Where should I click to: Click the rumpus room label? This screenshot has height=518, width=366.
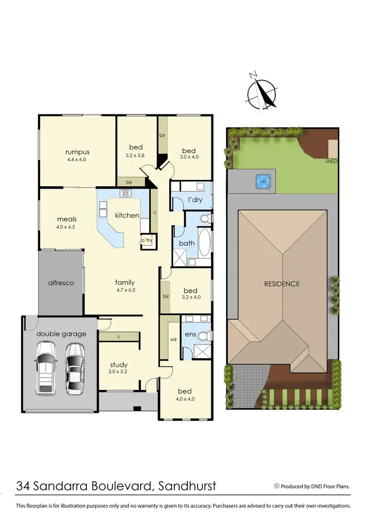78,152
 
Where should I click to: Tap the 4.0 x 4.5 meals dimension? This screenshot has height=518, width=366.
66,227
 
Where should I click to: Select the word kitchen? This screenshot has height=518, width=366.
127,216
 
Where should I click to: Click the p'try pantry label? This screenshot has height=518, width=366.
146,240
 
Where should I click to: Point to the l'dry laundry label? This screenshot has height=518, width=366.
195,200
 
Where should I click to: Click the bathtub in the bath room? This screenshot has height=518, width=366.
204,243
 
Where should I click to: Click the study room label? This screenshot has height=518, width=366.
119,365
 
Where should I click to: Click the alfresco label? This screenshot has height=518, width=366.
61,282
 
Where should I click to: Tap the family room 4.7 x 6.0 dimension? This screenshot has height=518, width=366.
125,290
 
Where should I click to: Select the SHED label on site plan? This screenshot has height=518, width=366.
332,161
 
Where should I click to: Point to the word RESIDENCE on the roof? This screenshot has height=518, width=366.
282,283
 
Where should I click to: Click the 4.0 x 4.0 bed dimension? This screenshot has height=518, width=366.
184,399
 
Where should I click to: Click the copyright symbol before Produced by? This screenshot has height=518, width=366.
277,486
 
